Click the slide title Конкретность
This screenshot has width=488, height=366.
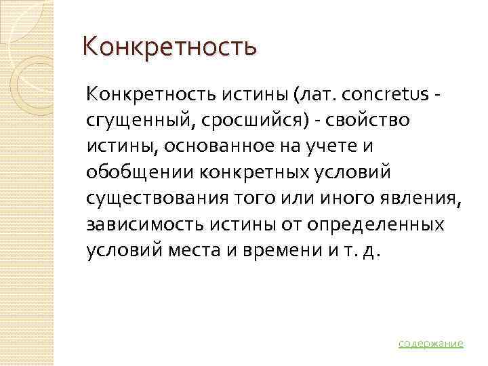[x=169, y=48]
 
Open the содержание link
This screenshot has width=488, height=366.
[x=430, y=343]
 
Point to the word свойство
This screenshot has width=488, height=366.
[x=358, y=120]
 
